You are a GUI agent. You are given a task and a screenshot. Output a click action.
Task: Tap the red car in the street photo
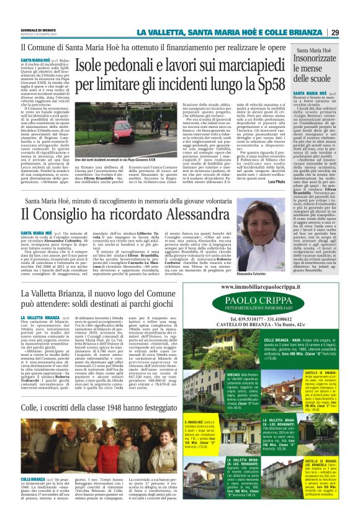[122, 130]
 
